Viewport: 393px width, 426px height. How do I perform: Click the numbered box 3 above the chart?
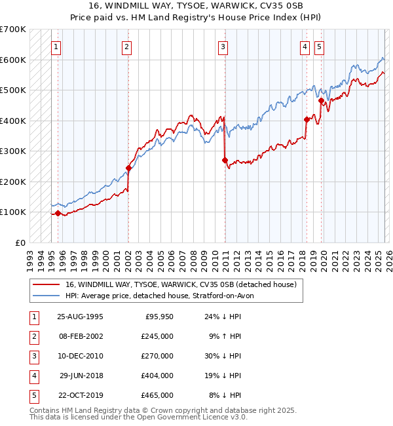[x=223, y=47]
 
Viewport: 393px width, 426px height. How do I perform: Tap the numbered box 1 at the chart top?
[x=56, y=47]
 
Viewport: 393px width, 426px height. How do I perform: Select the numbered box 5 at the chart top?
[x=319, y=47]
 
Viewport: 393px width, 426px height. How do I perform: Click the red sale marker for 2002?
[x=128, y=168]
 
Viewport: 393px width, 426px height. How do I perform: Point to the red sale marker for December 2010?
[x=225, y=160]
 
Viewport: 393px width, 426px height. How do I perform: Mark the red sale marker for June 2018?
[x=307, y=119]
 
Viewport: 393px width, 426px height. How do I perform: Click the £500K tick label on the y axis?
[x=13, y=90]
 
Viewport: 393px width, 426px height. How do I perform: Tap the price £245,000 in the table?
[x=157, y=336]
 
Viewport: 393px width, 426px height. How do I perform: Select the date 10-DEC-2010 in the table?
[x=80, y=356]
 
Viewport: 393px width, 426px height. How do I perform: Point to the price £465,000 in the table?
[x=157, y=395]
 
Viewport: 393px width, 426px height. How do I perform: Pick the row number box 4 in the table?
[x=33, y=376]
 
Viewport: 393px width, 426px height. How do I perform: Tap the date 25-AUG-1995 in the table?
[x=80, y=317]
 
